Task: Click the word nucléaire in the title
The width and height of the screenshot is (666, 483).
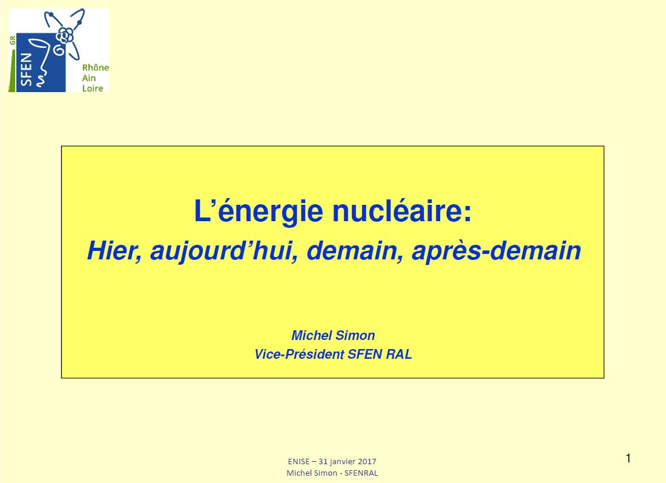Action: (401, 212)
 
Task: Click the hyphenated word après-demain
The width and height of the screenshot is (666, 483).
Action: (496, 251)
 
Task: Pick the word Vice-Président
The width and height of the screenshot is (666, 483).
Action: (299, 354)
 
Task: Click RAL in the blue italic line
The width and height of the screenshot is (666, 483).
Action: (399, 354)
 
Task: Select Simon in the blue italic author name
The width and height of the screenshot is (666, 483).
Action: (355, 336)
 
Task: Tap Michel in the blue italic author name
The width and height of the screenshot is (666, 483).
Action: (312, 336)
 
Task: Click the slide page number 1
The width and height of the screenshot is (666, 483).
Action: (628, 458)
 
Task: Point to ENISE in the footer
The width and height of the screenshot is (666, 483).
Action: (298, 461)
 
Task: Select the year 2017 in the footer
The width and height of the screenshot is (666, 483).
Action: (367, 461)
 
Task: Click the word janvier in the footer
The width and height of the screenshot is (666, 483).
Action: (343, 462)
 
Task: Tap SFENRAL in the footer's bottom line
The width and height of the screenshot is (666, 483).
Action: (361, 473)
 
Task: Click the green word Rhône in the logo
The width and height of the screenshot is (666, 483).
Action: (96, 68)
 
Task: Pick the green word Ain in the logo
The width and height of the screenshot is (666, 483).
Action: (89, 78)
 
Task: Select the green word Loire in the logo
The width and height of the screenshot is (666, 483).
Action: (93, 88)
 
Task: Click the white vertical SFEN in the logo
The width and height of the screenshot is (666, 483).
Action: (26, 69)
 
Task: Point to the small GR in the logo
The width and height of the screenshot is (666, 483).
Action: (12, 41)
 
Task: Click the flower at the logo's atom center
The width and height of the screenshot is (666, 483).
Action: (65, 35)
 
